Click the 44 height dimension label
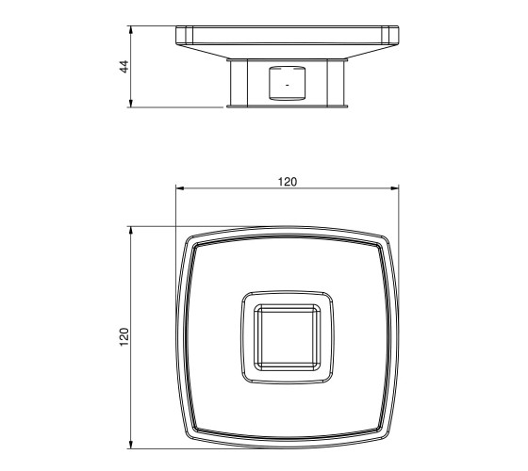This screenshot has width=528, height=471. click(124, 66)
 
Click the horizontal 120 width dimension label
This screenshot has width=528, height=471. click(288, 182)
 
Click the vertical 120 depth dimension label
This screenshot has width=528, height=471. click(124, 336)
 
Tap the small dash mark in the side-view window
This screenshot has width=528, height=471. click(288, 86)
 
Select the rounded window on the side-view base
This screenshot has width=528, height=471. click(288, 83)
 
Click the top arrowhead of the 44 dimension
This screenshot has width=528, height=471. click(131, 29)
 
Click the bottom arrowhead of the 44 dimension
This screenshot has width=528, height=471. click(131, 104)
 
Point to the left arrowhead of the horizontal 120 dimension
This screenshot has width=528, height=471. click(180, 188)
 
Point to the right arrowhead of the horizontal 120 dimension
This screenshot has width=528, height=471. click(395, 188)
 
